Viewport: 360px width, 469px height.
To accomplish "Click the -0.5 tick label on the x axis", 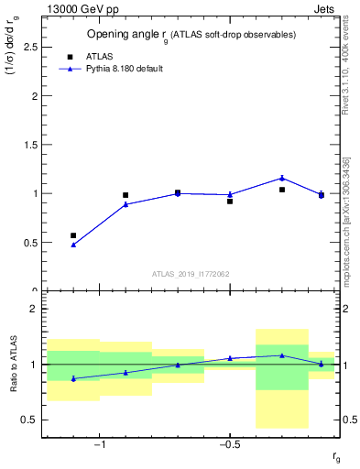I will click(x=229, y=445).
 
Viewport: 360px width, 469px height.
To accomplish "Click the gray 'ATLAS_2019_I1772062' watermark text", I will click(x=191, y=274).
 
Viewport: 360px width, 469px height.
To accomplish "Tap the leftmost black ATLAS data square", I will click(x=73, y=235).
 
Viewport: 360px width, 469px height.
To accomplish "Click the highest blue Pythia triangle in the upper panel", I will click(x=282, y=178).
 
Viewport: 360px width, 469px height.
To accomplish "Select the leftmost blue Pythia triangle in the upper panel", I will click(x=73, y=245).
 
